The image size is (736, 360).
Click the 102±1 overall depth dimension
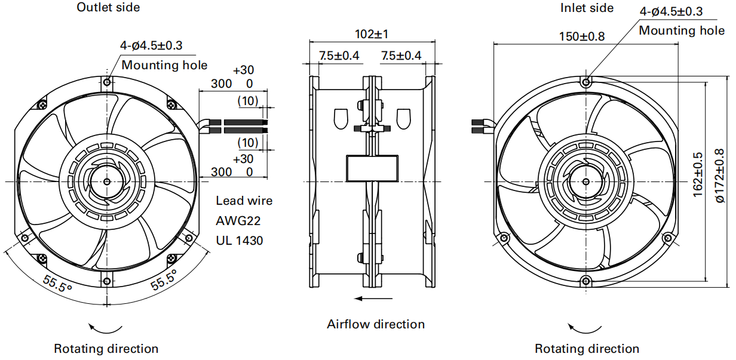pos(372,34)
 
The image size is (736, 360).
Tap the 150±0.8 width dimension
pos(582,36)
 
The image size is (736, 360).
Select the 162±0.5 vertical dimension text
pos(697,175)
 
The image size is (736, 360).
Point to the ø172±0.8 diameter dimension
pos(719,176)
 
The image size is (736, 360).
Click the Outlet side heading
pos(108,7)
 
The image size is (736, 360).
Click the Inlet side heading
pos(587,8)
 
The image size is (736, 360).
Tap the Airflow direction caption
pos(376,324)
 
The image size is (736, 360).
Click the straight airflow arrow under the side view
pos(373,299)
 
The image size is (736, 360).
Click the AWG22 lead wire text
pos(238,221)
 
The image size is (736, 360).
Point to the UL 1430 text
pos(239,241)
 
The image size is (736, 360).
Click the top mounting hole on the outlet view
pos(107,82)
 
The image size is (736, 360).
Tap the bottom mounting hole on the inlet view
pos(586,281)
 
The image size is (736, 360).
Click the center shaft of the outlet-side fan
pos(107,181)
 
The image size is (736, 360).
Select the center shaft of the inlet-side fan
pos(586,181)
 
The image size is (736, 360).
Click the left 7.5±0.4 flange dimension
pos(339,56)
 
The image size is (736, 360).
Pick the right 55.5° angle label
pos(164,280)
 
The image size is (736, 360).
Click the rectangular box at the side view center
pos(372,168)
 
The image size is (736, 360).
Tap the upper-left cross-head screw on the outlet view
pos(42,105)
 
